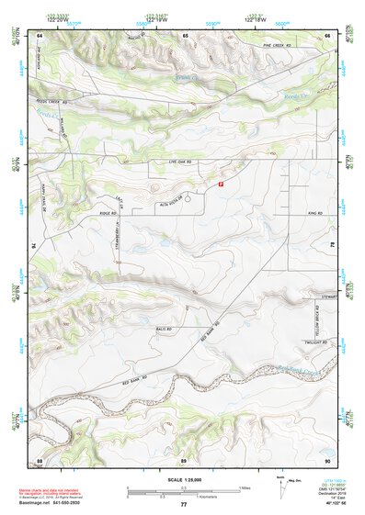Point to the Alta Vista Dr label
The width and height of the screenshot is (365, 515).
pyautogui.click(x=173, y=205)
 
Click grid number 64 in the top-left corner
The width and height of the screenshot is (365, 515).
pyautogui.click(x=40, y=35)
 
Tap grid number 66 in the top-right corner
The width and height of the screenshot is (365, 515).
pyautogui.click(x=326, y=35)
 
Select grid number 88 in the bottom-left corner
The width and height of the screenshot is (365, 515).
pyautogui.click(x=40, y=459)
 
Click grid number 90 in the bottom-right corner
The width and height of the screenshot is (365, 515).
pyautogui.click(x=326, y=459)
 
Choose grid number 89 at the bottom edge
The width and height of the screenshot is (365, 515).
pyautogui.click(x=183, y=459)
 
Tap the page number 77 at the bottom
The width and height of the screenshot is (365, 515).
pyautogui.click(x=183, y=505)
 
